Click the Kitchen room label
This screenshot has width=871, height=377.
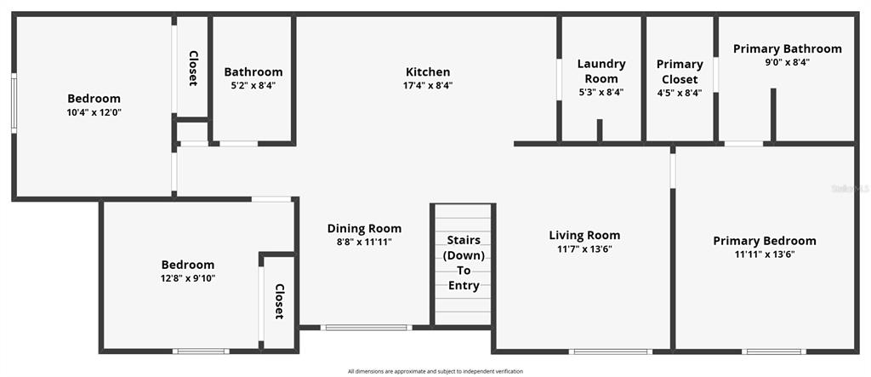point(428,71)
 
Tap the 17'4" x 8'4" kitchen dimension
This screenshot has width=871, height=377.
point(428,86)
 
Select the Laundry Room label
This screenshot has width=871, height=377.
point(601,71)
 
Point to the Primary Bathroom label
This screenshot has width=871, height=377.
point(787,49)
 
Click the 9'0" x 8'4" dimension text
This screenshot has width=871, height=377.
point(787,63)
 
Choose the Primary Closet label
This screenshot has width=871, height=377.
point(680,71)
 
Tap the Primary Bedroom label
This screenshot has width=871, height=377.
point(765,241)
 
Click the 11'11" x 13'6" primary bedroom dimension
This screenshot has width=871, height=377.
point(765,254)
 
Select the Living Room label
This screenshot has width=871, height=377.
point(584,235)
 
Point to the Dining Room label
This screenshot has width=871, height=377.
point(364,229)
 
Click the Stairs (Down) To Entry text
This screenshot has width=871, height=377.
point(464,263)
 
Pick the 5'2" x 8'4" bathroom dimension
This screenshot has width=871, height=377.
point(253,86)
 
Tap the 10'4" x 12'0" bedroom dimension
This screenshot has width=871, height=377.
point(94,112)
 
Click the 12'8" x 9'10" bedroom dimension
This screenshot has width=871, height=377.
point(188,278)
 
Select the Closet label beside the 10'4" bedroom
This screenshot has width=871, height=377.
point(193,68)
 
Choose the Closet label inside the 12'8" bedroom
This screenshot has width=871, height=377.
point(279,301)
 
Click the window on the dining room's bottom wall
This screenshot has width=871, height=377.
point(366,328)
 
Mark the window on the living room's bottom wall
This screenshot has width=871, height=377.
point(611,351)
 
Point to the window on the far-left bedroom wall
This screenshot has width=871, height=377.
point(14,103)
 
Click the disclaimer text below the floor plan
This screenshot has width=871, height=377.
point(435,371)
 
